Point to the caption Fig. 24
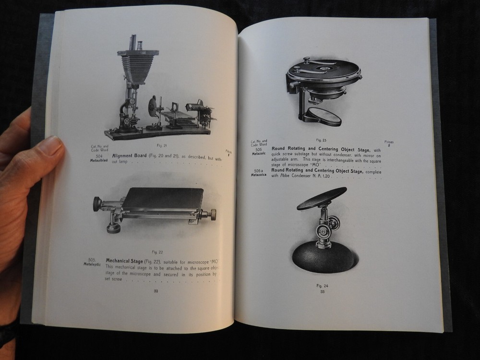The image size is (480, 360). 322,286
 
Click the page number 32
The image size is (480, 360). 156,291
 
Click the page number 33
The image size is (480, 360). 323,291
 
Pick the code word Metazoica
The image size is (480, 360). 259,175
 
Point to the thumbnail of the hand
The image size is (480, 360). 51,146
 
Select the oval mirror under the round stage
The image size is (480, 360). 324,116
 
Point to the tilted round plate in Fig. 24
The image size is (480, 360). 322,197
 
